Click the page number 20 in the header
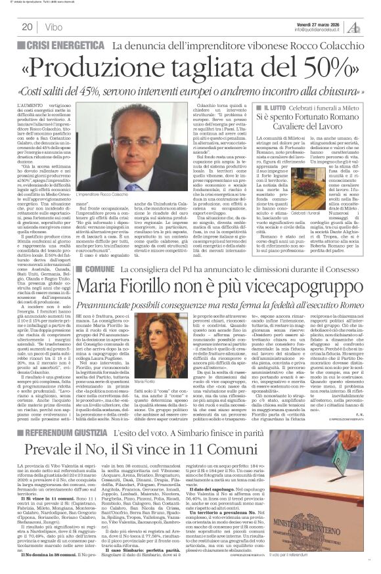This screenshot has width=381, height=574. [x=27, y=27]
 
